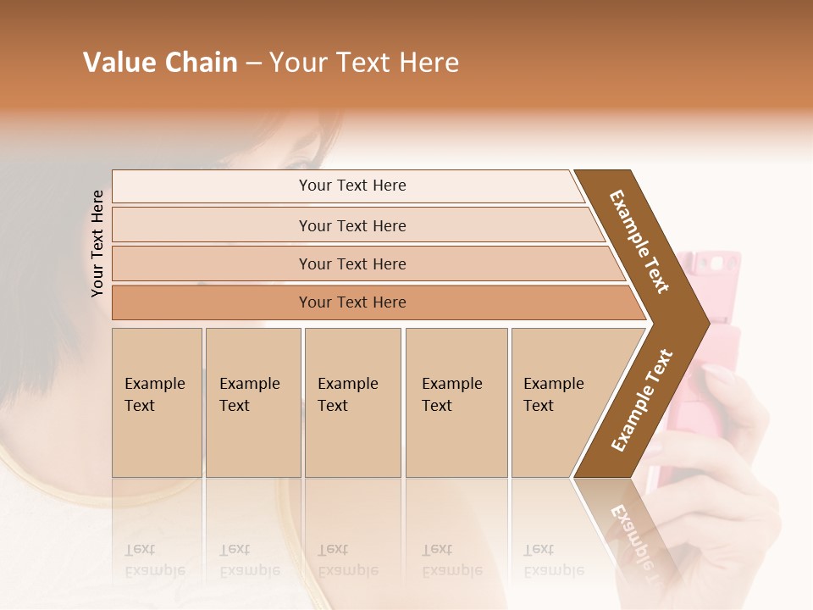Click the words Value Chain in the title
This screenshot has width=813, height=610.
(160, 63)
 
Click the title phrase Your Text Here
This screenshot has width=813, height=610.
(364, 63)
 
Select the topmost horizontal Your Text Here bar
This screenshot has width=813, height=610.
(352, 186)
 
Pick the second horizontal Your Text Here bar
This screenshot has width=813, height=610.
(352, 226)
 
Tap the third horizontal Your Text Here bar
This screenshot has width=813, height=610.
(352, 264)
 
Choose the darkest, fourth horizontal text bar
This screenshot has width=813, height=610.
(352, 302)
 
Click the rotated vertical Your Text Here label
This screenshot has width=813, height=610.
(98, 244)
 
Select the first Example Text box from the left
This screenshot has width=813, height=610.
(157, 402)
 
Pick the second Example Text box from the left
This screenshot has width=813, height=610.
(252, 402)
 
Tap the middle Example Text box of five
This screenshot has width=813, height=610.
(352, 402)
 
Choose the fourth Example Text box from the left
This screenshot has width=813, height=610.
(456, 402)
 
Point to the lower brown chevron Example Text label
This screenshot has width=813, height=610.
(642, 400)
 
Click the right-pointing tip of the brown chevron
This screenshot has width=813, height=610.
(703, 323)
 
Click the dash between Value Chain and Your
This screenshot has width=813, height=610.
(253, 64)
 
